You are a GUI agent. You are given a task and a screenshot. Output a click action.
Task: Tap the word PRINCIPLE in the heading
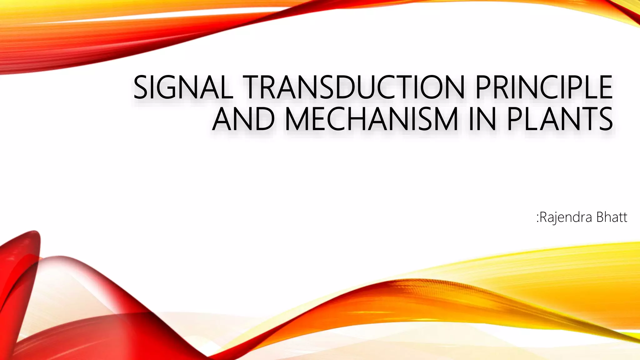pos(543,88)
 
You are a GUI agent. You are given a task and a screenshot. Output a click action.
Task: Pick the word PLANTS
pos(559,119)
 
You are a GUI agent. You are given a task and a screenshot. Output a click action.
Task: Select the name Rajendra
pos(566,217)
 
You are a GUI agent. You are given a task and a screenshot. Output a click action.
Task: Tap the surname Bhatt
pos(612,217)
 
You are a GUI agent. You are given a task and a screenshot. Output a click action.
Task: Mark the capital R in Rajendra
pos(544,217)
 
